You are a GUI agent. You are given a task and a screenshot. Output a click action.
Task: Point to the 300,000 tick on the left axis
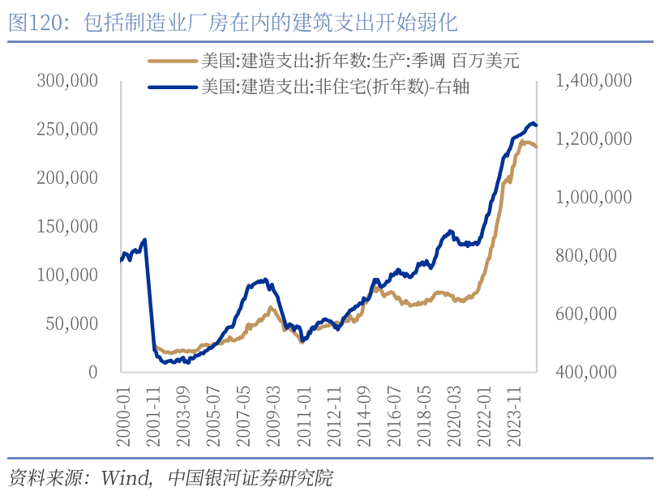[67, 81]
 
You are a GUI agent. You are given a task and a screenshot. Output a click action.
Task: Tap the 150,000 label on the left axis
[67, 226]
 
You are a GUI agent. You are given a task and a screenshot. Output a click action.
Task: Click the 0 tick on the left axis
[92, 372]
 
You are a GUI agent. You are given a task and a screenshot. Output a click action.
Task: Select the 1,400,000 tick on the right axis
[591, 81]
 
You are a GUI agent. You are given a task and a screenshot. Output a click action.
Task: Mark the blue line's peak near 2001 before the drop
[144, 240]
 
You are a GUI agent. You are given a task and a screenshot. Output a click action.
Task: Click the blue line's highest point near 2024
[533, 123]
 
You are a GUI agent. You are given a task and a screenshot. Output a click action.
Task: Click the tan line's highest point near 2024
[524, 142]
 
